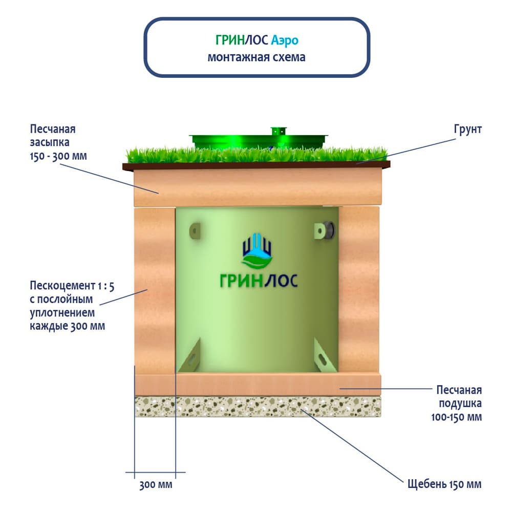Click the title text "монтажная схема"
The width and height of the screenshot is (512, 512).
coord(256,57)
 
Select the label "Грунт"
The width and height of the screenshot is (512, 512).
coord(467,129)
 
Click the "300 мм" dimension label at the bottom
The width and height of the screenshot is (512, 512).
coord(156,484)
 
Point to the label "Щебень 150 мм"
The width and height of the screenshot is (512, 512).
coord(444,484)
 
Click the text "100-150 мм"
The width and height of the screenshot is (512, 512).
coord(457,417)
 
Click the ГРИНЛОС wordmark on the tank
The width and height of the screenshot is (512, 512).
coord(258,281)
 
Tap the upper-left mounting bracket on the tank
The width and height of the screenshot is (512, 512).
coord(194,230)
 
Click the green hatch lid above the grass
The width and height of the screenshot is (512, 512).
coord(258,139)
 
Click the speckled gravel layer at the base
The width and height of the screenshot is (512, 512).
coord(258,408)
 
